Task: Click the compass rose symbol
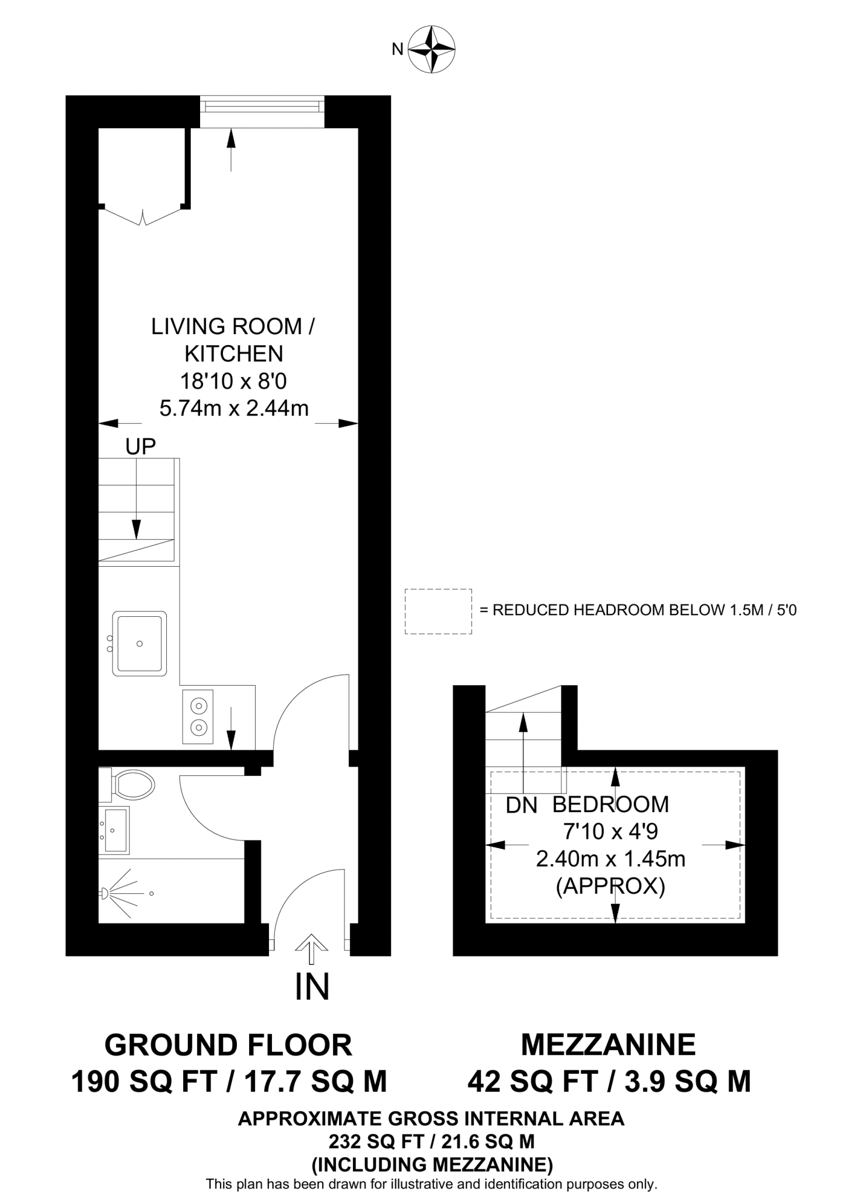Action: point(431,50)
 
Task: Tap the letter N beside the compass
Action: point(397,50)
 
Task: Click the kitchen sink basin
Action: point(139,643)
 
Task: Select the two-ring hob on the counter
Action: point(198,717)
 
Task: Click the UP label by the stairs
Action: point(141,447)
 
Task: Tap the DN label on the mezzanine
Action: point(521,805)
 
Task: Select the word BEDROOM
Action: point(610,804)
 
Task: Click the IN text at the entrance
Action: point(312,986)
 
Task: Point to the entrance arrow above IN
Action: point(312,949)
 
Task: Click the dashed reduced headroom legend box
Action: point(438,611)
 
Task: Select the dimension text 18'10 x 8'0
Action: point(233,381)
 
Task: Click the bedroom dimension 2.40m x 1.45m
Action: point(610,859)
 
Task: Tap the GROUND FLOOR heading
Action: point(228,1045)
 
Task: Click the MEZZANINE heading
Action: point(608,1044)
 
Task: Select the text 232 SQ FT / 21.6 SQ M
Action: point(431,1141)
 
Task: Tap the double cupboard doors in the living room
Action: point(143,217)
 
